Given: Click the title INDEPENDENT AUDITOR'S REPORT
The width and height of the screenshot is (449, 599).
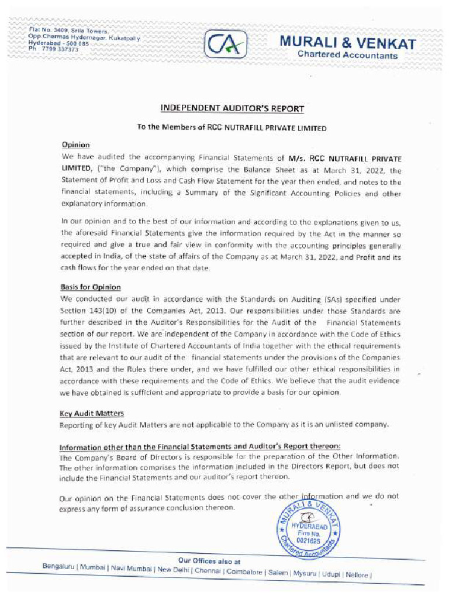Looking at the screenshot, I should tap(232, 108).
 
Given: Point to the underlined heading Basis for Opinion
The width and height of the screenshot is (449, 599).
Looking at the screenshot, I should tap(91, 287).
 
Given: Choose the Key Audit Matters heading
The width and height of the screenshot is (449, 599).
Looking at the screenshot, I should tap(92, 414).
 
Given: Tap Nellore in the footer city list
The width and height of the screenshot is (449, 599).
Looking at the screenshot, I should tap(357, 574).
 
